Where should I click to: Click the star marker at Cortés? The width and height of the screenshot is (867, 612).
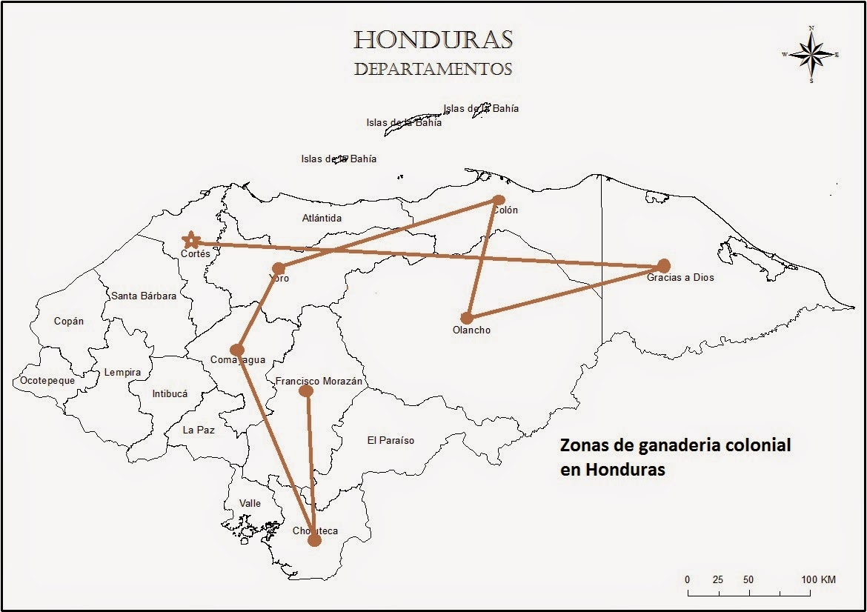191,240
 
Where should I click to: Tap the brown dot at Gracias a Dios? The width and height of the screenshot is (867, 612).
663,265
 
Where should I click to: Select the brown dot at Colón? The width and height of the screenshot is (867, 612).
499,200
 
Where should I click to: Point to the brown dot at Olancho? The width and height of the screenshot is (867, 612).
467,318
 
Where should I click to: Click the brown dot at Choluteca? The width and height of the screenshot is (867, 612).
314,540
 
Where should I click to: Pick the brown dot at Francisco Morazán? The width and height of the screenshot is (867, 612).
305,390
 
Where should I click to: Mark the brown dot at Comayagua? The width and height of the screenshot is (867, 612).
237,350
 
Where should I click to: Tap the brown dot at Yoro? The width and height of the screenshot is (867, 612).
279,268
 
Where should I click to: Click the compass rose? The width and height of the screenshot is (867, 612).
811,55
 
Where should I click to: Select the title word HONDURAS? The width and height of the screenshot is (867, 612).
433,39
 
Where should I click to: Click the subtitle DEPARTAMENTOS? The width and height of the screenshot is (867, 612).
433,70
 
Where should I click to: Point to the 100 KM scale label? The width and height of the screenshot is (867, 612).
817,579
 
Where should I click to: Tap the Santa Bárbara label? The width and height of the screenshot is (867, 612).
144,296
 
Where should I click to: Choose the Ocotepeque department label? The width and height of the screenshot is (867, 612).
47,380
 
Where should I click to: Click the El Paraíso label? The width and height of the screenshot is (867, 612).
391,441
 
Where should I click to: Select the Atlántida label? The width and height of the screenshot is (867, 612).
322,219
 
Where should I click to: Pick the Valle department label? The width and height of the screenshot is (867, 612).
250,504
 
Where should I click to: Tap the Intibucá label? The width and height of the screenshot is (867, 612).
170,394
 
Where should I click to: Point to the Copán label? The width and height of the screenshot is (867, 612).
69,322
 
